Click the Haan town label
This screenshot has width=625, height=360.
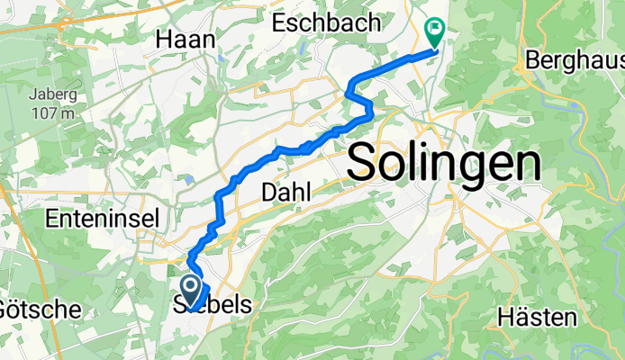coord(186,39)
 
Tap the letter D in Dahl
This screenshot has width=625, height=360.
coord(268,192)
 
